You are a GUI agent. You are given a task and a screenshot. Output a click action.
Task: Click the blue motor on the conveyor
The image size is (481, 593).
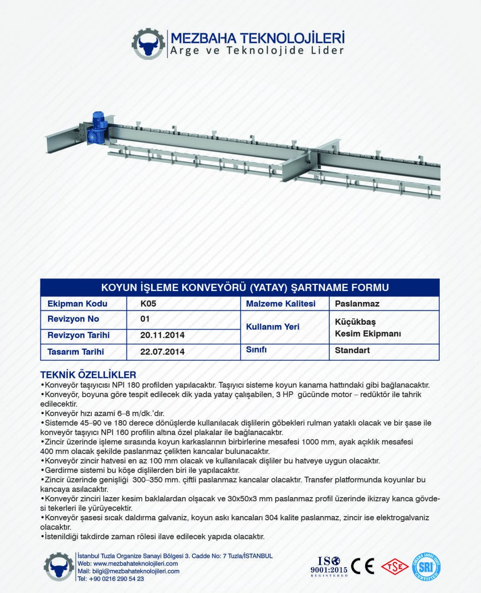pyautogui.click(x=99, y=123)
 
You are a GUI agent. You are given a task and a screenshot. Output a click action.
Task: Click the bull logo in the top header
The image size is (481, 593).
pyautogui.click(x=148, y=44)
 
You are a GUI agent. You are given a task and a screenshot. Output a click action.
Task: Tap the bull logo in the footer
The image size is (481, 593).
pyautogui.click(x=59, y=567)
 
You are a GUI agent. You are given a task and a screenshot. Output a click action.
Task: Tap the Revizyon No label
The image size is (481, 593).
pyautogui.click(x=73, y=319)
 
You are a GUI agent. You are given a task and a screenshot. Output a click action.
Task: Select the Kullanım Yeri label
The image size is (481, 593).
pyautogui.click(x=272, y=327)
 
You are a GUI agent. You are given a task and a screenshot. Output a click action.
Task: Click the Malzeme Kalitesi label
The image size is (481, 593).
pyautogui.click(x=280, y=304)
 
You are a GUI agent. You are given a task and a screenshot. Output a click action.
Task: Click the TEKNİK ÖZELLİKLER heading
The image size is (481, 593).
pyautogui.click(x=88, y=375)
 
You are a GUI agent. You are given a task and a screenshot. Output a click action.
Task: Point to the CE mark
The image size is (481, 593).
pyautogui.click(x=362, y=566)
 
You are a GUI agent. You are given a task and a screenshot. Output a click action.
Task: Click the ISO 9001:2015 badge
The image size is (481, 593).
pyautogui.click(x=329, y=567)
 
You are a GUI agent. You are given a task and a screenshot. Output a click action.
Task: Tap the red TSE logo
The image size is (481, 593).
pyautogui.click(x=394, y=566)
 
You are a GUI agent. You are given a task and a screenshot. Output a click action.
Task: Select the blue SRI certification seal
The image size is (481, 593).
pyautogui.click(x=426, y=567)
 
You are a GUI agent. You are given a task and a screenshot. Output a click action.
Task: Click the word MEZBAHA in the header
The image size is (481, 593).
pyautogui.click(x=204, y=38)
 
